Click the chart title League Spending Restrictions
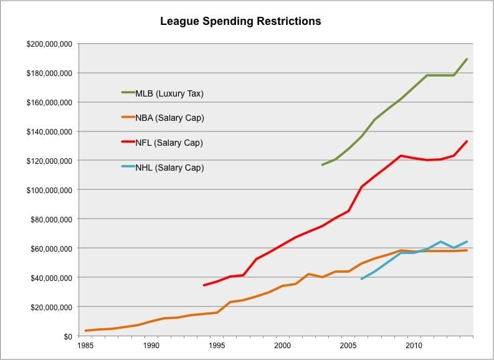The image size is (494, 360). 240,21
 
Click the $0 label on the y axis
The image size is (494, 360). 67,336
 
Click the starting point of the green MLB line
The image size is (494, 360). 322,165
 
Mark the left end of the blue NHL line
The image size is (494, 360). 361,278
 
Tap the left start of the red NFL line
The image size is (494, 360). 204,285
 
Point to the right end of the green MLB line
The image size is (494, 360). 467,59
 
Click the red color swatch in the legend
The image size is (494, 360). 128,143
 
